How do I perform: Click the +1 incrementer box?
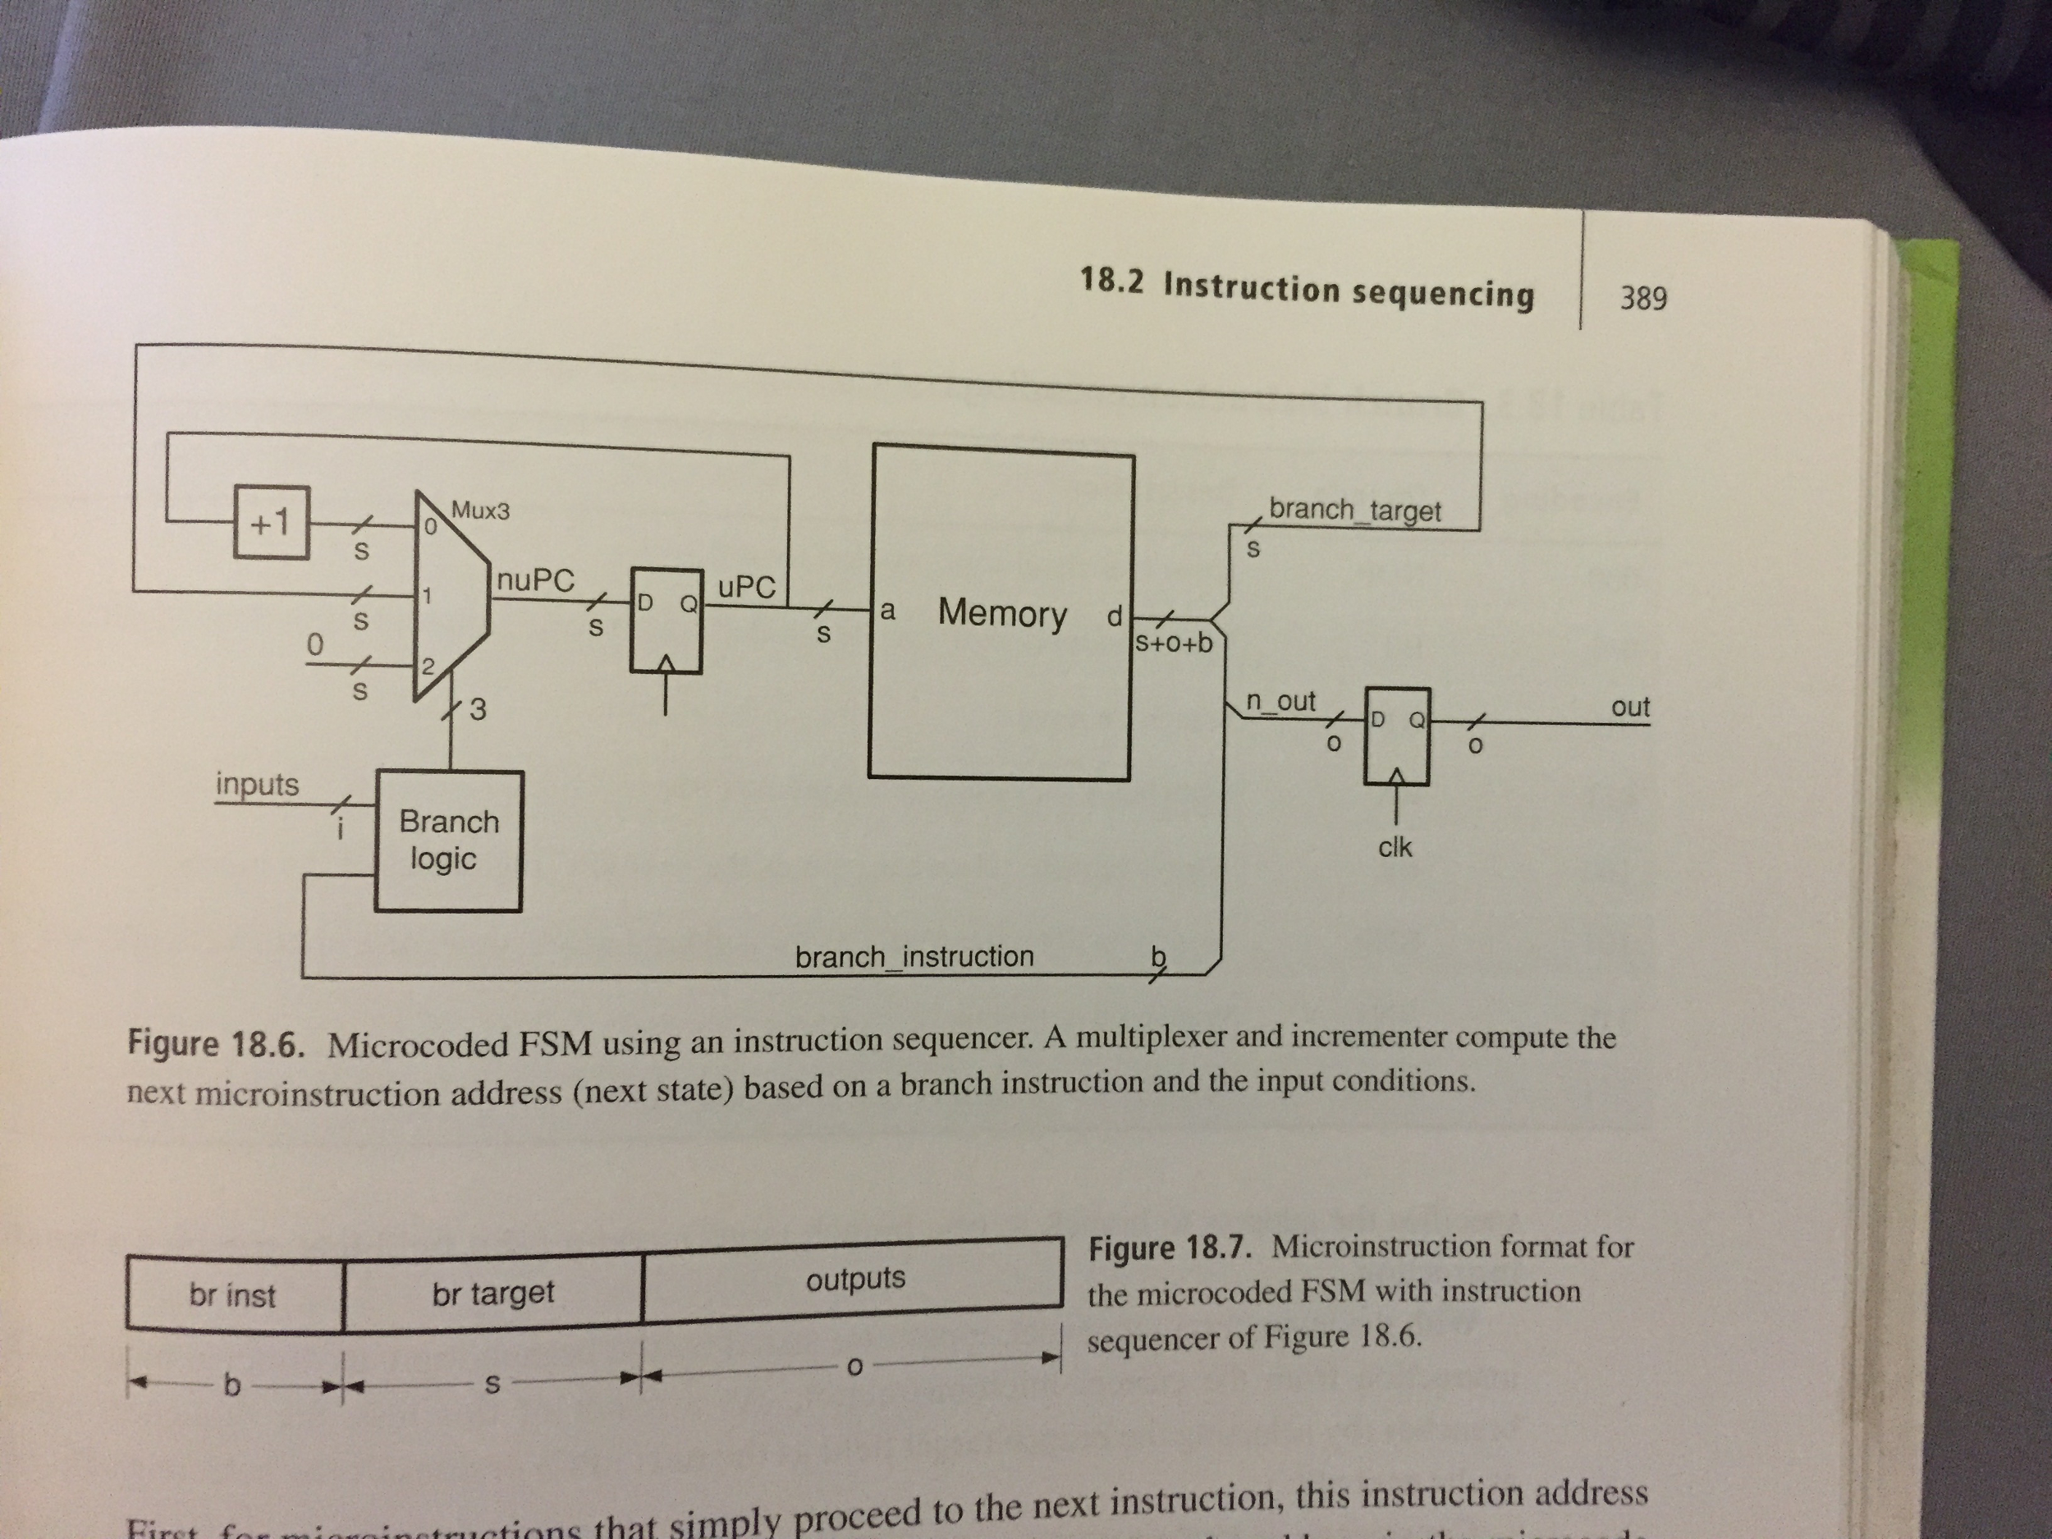tap(271, 522)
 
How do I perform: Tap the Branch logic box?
tap(448, 840)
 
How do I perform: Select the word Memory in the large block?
tap(1002, 613)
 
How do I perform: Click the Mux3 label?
tap(480, 511)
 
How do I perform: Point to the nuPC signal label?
tap(535, 581)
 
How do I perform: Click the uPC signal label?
tap(747, 586)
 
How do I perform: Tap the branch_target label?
tap(1354, 511)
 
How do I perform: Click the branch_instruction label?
tap(914, 956)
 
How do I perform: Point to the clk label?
tap(1395, 847)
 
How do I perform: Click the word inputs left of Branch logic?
tap(257, 784)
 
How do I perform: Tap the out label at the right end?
tap(1630, 707)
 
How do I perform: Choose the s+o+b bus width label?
tap(1175, 643)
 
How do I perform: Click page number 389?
tap(1643, 298)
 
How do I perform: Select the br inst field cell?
tap(233, 1294)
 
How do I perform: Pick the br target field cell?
tap(492, 1292)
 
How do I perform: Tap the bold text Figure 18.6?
tap(216, 1045)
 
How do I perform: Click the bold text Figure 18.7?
tap(1170, 1248)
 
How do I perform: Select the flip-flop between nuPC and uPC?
tap(666, 620)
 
